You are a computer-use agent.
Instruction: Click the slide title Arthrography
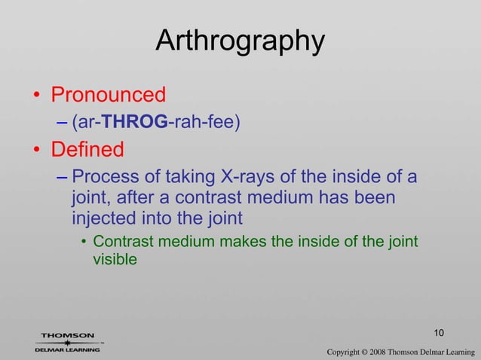[240, 41]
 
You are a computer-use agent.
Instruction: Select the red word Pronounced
[108, 96]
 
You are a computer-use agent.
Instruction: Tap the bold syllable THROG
[133, 123]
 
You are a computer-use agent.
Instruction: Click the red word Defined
[87, 150]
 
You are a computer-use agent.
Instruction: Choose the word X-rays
[248, 178]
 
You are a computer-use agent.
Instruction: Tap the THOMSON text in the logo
[67, 335]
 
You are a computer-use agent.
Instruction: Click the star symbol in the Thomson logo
[67, 343]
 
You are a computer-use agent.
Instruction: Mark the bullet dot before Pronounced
[35, 96]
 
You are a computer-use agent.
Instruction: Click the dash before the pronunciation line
[62, 123]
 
